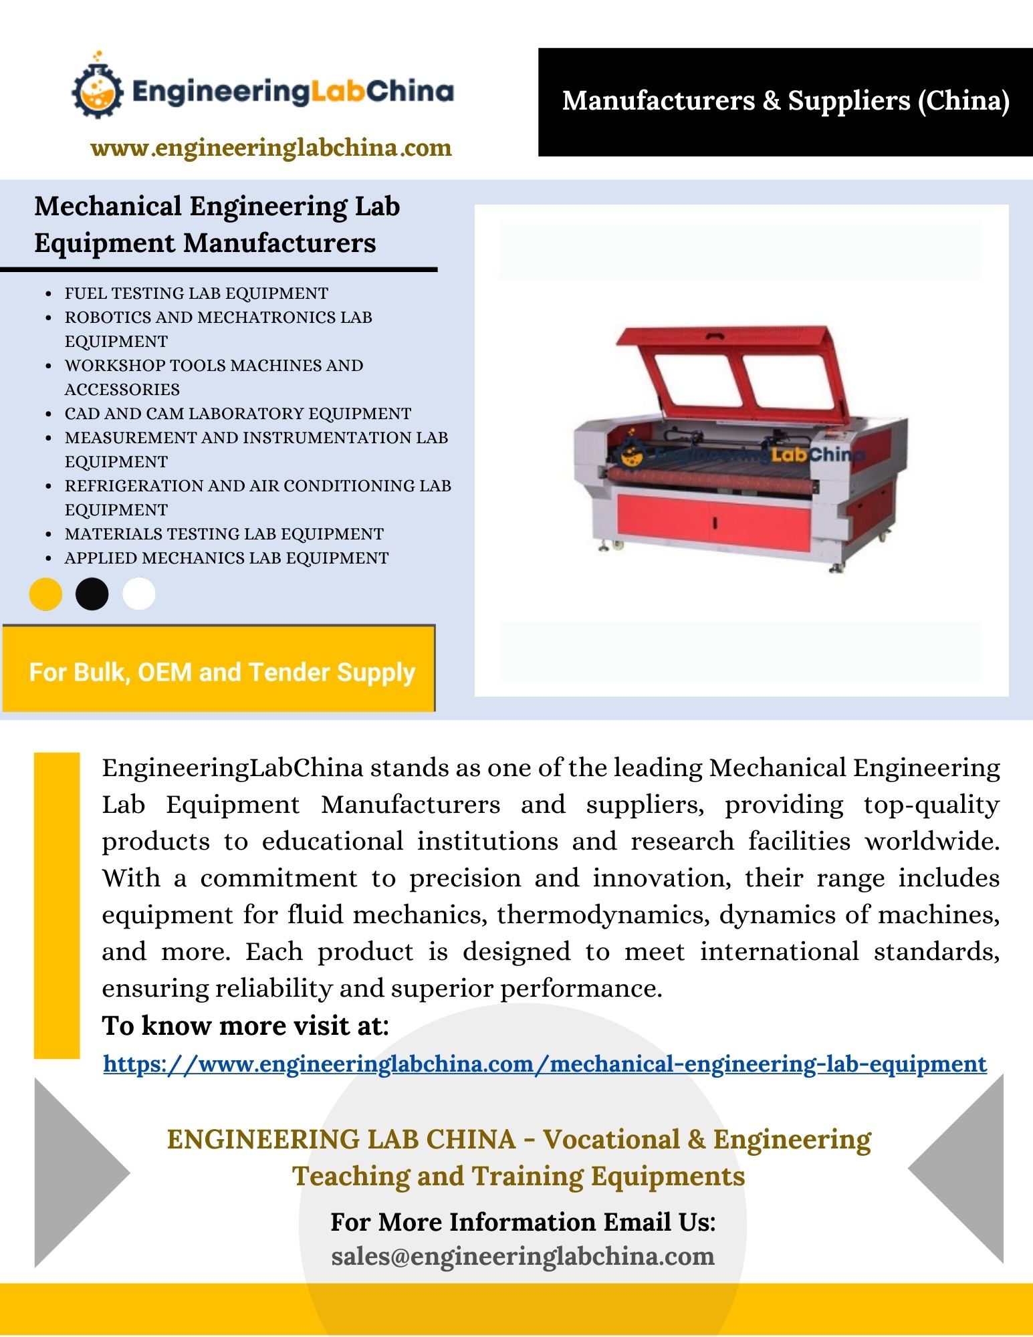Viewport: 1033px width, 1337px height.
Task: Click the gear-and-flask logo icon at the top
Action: click(x=98, y=90)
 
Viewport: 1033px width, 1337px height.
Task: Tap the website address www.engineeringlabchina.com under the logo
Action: click(x=271, y=148)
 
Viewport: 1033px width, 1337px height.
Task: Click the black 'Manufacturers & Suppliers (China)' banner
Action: click(x=785, y=102)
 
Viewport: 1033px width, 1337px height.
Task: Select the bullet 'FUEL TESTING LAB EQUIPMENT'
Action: click(x=196, y=293)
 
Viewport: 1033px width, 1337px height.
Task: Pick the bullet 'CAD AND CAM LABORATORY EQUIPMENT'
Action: click(x=237, y=414)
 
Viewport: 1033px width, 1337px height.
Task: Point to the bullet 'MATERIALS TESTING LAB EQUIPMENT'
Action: click(x=224, y=534)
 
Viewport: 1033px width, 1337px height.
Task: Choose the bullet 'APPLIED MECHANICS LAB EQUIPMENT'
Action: click(x=226, y=558)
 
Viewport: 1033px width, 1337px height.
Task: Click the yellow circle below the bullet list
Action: click(x=45, y=594)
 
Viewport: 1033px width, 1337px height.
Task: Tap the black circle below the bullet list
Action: click(x=92, y=594)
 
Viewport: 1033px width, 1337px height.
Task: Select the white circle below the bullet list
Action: click(x=139, y=594)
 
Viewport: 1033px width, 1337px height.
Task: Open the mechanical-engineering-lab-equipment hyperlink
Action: click(x=544, y=1064)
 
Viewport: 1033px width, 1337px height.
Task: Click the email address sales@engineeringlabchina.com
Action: click(x=523, y=1257)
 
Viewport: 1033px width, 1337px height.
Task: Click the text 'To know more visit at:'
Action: click(x=245, y=1026)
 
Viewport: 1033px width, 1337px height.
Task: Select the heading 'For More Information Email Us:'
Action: click(x=523, y=1222)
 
